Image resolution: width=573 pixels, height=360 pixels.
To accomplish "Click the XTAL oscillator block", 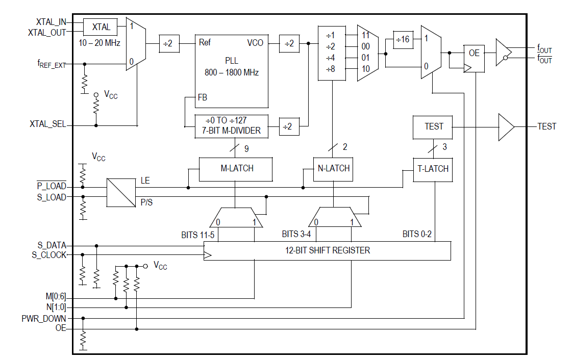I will (x=101, y=27).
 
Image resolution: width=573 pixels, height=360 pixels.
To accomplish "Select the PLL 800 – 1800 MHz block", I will (x=232, y=71).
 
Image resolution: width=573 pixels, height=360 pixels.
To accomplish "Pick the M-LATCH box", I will (x=235, y=169).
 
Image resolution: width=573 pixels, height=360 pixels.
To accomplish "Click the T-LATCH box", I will (x=433, y=169).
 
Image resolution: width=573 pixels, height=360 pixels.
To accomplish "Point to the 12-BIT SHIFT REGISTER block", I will (x=327, y=250).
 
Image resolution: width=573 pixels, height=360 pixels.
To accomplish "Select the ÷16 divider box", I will (x=403, y=40).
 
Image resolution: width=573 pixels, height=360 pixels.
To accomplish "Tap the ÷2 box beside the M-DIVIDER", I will (x=289, y=126).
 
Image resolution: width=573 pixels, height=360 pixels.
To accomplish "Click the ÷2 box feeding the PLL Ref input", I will (x=168, y=44).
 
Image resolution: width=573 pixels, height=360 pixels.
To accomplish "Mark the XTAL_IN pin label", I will (x=51, y=22).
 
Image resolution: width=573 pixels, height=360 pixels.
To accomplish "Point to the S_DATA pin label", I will (x=52, y=245).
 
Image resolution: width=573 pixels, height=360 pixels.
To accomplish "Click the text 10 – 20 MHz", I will (x=99, y=43).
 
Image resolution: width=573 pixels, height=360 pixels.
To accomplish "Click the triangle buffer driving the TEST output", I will (x=506, y=126).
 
